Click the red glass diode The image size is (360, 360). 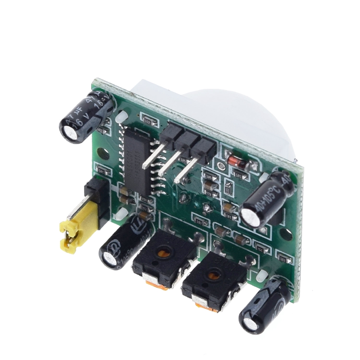click(236, 161)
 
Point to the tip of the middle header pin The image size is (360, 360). click(161, 173)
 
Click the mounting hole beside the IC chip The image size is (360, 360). click(102, 153)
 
